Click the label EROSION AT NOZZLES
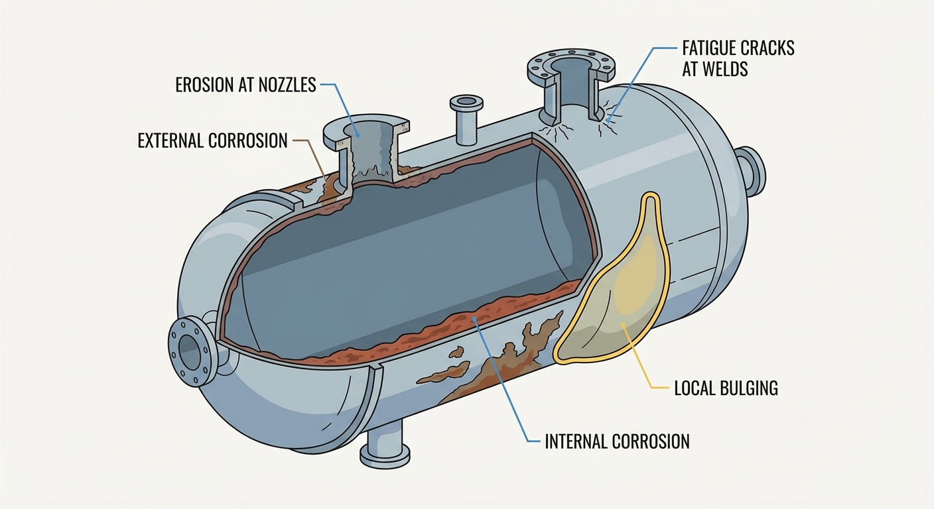pos(245,85)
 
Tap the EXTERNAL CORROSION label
pos(212,141)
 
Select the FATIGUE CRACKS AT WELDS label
pos(738,58)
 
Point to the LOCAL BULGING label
pos(726,388)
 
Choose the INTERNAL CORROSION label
pos(617,441)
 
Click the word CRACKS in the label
pos(766,48)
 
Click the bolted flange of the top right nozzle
pos(571,66)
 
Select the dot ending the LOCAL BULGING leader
pos(624,325)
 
